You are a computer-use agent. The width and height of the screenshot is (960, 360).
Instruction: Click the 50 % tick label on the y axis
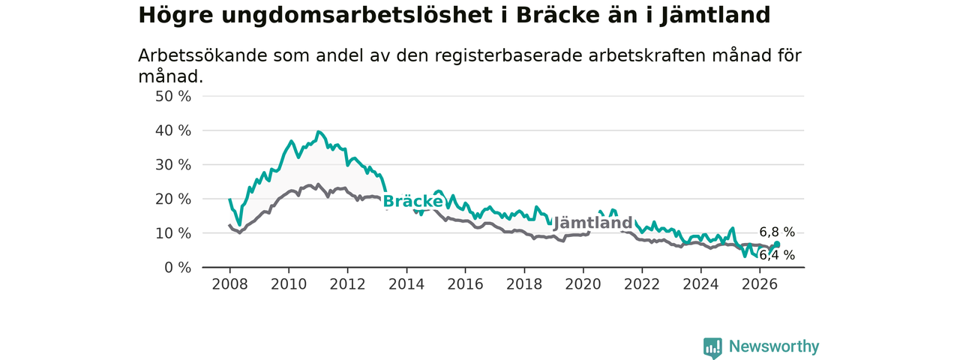click(173, 97)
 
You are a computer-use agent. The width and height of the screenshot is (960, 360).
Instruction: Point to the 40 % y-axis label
click(173, 130)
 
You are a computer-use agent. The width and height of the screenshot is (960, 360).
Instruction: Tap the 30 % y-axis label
click(173, 165)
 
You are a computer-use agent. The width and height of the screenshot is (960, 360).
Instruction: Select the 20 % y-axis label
click(173, 199)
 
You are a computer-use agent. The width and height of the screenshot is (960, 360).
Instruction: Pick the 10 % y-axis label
click(173, 233)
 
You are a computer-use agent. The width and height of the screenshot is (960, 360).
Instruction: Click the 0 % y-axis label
click(178, 268)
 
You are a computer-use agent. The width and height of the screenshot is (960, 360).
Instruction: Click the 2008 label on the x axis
click(229, 284)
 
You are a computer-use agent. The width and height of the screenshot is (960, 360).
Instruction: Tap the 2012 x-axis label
click(347, 284)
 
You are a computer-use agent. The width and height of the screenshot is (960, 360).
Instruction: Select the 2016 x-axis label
click(466, 284)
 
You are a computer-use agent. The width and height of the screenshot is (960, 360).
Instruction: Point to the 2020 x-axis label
click(583, 284)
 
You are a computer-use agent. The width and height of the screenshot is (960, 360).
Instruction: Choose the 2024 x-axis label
click(700, 284)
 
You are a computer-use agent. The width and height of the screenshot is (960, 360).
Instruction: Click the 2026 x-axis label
click(760, 284)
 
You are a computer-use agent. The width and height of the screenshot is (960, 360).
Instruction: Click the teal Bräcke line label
click(412, 202)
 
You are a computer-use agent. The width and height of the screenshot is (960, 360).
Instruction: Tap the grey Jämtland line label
click(592, 223)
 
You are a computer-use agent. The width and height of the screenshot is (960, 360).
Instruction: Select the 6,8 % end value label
click(777, 232)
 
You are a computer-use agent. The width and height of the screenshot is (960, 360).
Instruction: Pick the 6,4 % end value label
click(777, 256)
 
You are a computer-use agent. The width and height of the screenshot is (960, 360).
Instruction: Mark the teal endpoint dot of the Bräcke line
click(776, 244)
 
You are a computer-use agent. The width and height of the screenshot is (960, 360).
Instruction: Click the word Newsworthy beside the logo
click(774, 346)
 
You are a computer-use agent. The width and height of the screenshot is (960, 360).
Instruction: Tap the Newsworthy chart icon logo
click(712, 347)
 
